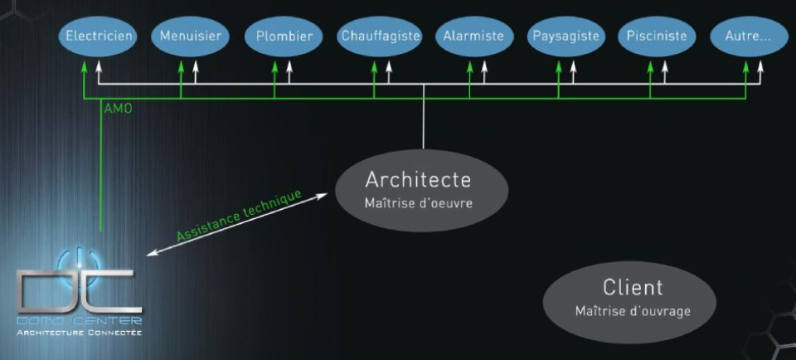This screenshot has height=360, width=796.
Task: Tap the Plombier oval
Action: coord(284,37)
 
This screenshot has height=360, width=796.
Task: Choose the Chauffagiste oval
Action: coord(381,37)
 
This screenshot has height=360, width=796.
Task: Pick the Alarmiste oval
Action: coord(473,37)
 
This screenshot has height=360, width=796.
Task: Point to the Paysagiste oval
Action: coord(566,37)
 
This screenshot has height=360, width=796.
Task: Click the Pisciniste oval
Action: coord(658,37)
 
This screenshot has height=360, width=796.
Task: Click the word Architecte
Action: coord(418,179)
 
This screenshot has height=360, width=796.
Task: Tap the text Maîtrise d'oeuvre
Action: coord(418,202)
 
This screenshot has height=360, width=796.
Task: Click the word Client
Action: coord(633,288)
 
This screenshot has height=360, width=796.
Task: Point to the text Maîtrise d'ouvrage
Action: coord(633,311)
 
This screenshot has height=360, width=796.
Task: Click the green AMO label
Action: coord(118,108)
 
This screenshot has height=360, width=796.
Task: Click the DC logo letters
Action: coord(80,286)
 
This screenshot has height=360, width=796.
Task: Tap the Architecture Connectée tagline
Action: coord(80,333)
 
